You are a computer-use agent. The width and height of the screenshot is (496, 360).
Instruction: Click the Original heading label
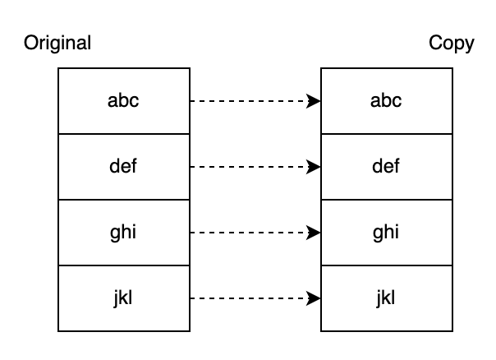(x=57, y=43)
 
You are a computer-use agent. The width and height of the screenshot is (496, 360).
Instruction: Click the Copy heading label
(x=452, y=43)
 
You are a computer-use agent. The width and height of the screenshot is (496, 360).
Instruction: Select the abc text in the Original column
(x=123, y=101)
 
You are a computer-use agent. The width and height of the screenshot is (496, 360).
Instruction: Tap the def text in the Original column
(x=123, y=167)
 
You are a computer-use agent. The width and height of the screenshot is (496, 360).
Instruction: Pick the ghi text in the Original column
(x=123, y=233)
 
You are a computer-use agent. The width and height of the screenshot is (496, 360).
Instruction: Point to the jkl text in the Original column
(x=123, y=298)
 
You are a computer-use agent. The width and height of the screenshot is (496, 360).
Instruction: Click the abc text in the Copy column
(x=386, y=101)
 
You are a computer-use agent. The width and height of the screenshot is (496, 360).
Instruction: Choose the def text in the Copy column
(x=386, y=167)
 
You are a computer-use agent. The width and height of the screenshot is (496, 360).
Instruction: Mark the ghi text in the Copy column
(x=386, y=233)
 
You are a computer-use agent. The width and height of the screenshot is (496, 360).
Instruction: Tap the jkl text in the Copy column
(x=386, y=298)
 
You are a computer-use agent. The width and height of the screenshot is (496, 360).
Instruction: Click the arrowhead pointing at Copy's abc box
(x=314, y=101)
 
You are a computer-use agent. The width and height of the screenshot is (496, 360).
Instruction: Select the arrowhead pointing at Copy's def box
(x=314, y=167)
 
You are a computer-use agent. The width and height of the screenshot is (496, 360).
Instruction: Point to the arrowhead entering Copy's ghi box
(x=314, y=233)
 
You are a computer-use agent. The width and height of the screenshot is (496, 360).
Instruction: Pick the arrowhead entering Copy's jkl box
(x=314, y=298)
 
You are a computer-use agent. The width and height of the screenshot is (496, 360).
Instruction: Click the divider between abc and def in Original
(x=123, y=134)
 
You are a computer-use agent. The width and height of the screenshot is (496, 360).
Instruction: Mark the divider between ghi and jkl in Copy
(x=386, y=265)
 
